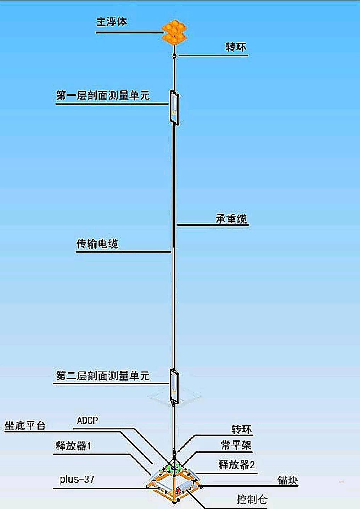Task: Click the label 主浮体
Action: [x=112, y=22]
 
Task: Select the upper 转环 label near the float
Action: [x=236, y=47]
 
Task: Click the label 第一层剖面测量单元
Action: [x=103, y=95]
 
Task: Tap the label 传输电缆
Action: [x=97, y=244]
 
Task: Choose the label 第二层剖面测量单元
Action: [x=103, y=376]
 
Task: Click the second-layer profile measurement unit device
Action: [x=174, y=386]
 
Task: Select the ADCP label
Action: [x=88, y=420]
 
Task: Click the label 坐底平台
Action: [x=25, y=425]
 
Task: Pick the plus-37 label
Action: [x=77, y=479]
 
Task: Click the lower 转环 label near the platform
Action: [x=242, y=430]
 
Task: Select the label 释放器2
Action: [x=236, y=464]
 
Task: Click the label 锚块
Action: [x=288, y=480]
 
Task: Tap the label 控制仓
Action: [x=252, y=499]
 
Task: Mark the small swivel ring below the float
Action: [x=174, y=55]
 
